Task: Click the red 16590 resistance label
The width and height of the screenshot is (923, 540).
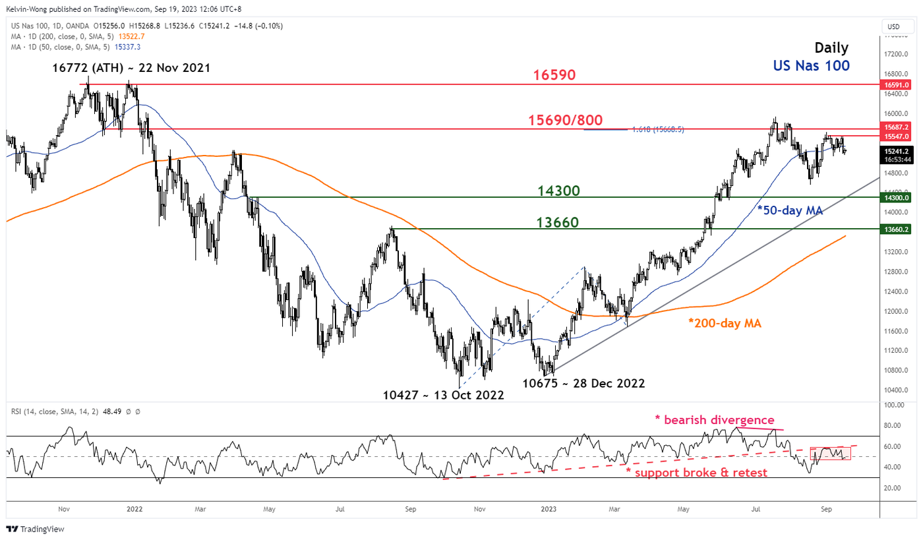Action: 556,75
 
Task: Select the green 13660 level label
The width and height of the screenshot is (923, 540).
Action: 556,223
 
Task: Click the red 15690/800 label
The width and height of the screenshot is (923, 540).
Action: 565,121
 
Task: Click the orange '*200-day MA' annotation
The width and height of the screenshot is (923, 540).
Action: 725,324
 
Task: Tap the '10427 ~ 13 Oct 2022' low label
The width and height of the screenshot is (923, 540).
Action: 443,396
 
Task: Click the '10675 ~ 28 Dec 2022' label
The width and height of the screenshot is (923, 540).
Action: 583,383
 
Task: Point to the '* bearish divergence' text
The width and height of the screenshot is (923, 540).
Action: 715,419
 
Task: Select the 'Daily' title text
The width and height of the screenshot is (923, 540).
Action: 831,47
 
